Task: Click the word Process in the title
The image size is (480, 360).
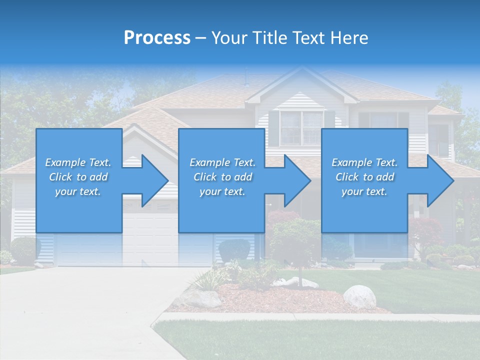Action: coord(157,38)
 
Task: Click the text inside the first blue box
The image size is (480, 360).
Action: coord(78,177)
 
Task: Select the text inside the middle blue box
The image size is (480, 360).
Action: coord(222,177)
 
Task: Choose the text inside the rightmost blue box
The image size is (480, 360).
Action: coord(364,177)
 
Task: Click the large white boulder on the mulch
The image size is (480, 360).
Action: coord(359,296)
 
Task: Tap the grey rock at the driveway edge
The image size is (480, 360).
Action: coord(202,298)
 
